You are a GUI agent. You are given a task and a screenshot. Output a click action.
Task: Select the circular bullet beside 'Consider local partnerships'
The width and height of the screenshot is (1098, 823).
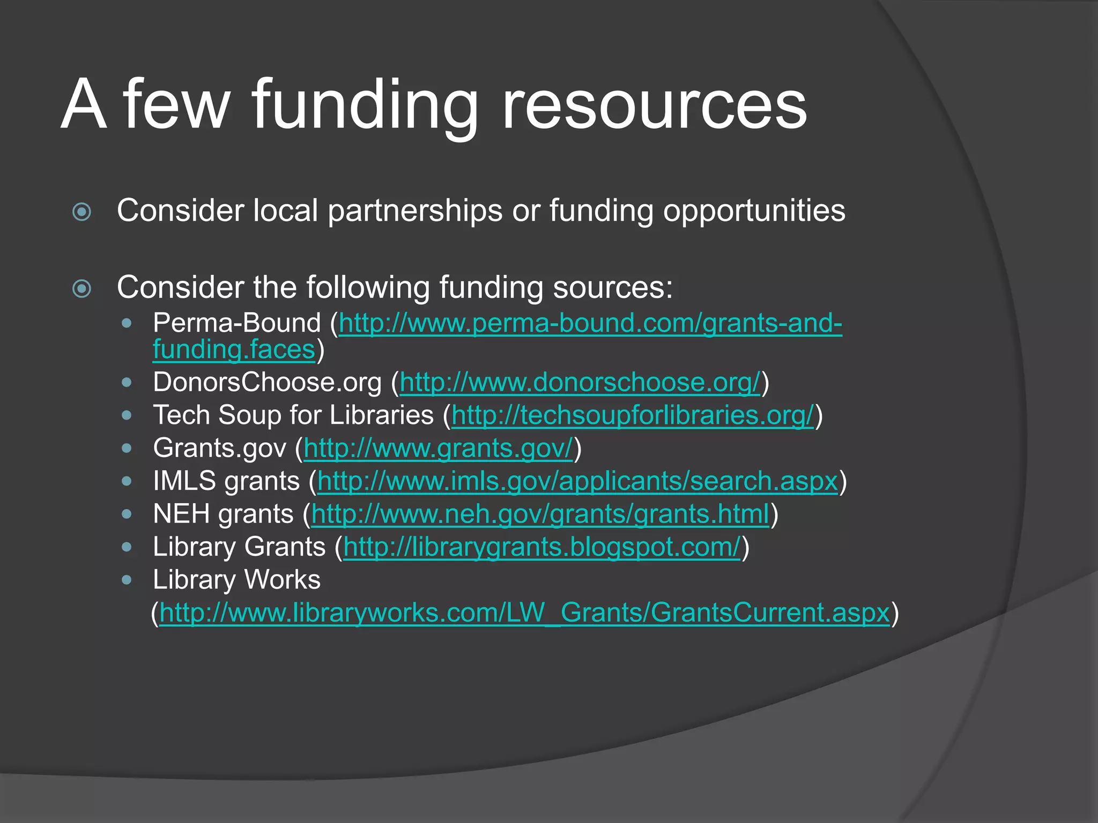click(x=81, y=212)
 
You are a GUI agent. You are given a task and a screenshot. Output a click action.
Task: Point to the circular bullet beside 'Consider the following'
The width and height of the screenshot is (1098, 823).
click(x=81, y=289)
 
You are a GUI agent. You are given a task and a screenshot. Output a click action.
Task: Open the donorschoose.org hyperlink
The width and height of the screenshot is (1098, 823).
click(x=580, y=383)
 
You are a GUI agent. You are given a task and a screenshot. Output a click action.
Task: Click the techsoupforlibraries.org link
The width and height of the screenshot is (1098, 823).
click(x=633, y=415)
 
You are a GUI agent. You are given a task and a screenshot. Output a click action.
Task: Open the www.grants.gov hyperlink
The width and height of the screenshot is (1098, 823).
click(x=438, y=448)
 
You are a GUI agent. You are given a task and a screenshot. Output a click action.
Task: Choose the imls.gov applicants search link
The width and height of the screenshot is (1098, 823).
click(x=577, y=481)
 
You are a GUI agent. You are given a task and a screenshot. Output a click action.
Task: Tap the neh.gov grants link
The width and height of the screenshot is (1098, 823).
click(x=540, y=514)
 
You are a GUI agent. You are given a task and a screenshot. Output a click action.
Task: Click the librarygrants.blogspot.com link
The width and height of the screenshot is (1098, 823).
click(x=541, y=547)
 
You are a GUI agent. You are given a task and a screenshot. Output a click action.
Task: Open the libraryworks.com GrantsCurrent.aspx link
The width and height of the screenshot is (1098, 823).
click(x=524, y=612)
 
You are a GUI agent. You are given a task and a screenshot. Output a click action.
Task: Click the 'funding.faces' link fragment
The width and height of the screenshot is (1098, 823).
click(x=234, y=350)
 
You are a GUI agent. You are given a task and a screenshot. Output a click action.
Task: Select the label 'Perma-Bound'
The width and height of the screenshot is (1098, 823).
click(x=236, y=323)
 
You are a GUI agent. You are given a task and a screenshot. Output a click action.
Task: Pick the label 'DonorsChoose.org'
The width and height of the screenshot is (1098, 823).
click(x=267, y=383)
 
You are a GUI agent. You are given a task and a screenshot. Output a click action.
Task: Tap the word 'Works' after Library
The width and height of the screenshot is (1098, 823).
click(x=283, y=580)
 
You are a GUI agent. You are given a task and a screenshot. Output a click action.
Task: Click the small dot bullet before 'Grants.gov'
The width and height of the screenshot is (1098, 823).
click(x=127, y=448)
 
